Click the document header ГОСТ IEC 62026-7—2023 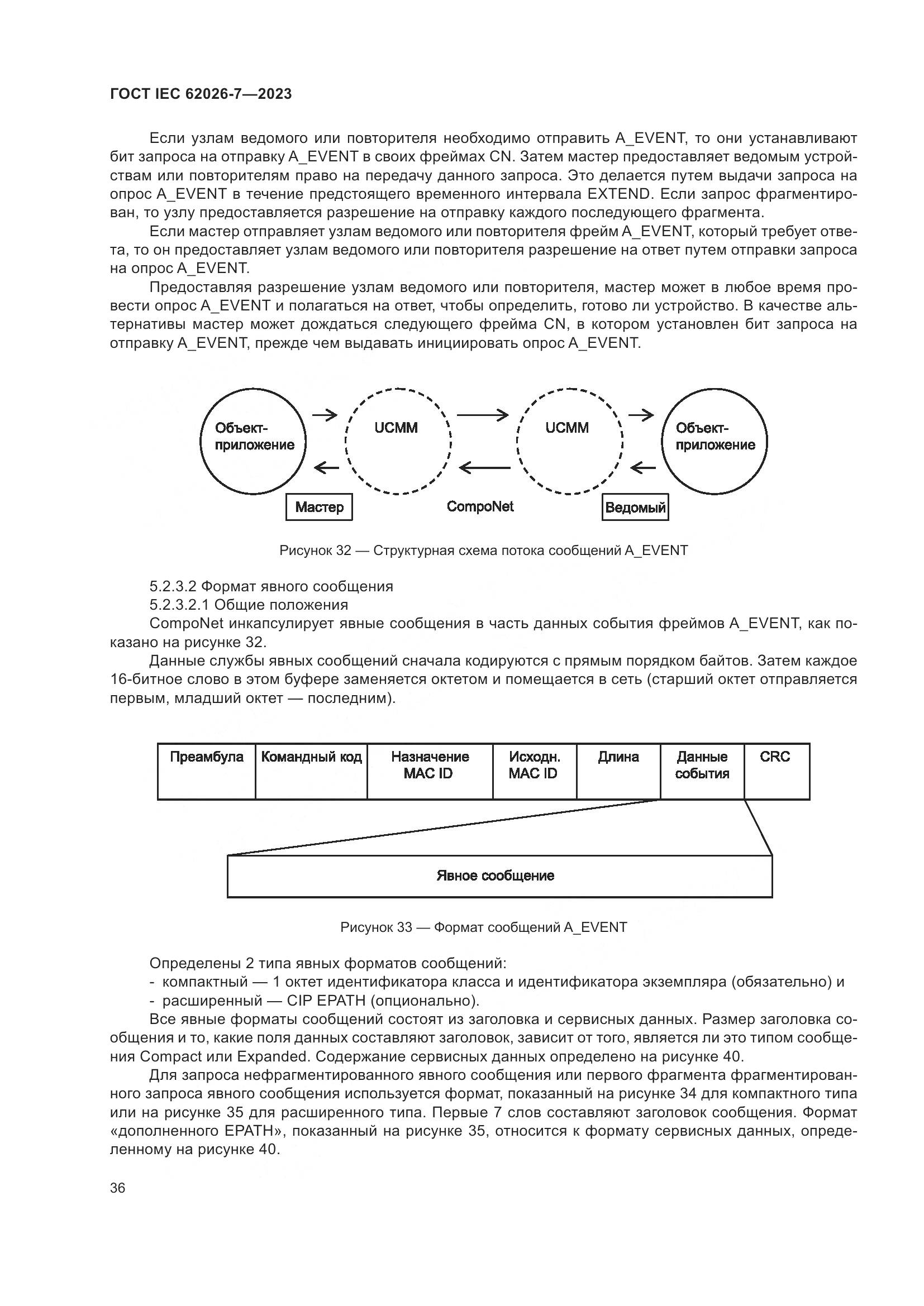click(x=201, y=94)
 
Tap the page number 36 click(x=118, y=1188)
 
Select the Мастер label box click(x=318, y=507)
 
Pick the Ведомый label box click(x=635, y=508)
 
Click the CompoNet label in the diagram click(x=480, y=506)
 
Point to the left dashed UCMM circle click(x=398, y=441)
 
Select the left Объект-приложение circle click(x=253, y=441)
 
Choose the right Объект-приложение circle click(x=715, y=441)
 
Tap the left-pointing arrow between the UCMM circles click(x=485, y=468)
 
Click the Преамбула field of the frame click(x=207, y=771)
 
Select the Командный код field click(x=311, y=771)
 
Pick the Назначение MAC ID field click(x=430, y=771)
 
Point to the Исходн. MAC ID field click(x=534, y=771)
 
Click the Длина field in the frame click(x=618, y=771)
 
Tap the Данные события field click(x=702, y=771)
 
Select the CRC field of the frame click(x=776, y=771)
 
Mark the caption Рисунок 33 click(x=484, y=927)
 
